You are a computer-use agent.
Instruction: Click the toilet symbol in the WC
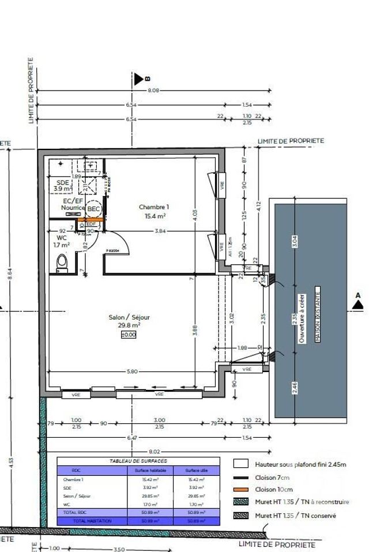click(62, 263)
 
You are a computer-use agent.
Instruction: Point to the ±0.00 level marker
click(129, 334)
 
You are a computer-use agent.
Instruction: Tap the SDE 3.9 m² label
click(63, 185)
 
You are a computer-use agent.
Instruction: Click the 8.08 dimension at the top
click(153, 91)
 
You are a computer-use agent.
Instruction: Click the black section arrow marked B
click(138, 80)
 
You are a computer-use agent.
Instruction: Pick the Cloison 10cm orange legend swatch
click(240, 489)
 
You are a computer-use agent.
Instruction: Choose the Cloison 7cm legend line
click(240, 478)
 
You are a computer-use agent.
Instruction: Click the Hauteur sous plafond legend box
click(240, 463)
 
